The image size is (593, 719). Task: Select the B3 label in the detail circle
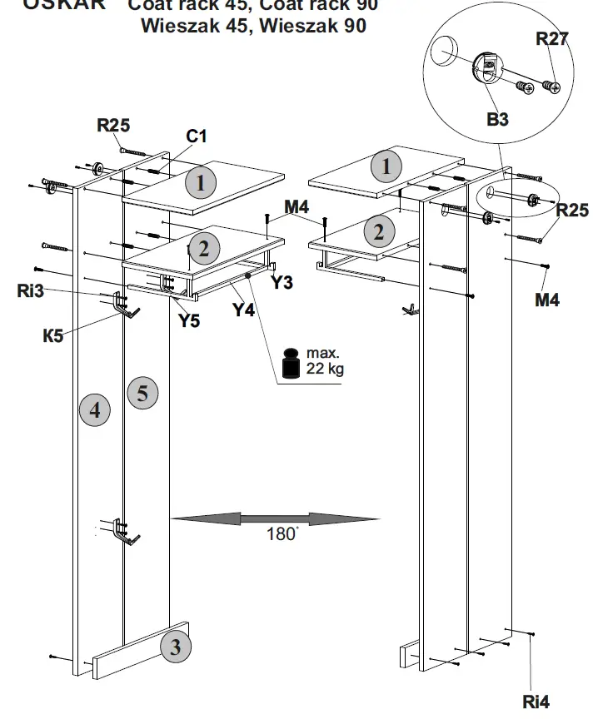[x=497, y=120]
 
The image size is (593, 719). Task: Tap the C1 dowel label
[x=197, y=136]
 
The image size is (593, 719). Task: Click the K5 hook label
[x=54, y=335]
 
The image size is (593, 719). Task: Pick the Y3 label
[x=282, y=283]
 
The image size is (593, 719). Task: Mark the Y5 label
[x=189, y=320]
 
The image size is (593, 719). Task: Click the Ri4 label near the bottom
[x=536, y=702]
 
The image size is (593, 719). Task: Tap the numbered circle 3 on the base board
[x=175, y=647]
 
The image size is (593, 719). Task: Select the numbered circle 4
[x=95, y=409]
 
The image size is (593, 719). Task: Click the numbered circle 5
[x=142, y=392]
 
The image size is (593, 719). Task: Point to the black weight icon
[x=292, y=364]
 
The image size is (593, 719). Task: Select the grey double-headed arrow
[x=275, y=518]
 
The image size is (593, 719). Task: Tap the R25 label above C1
[x=113, y=126]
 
